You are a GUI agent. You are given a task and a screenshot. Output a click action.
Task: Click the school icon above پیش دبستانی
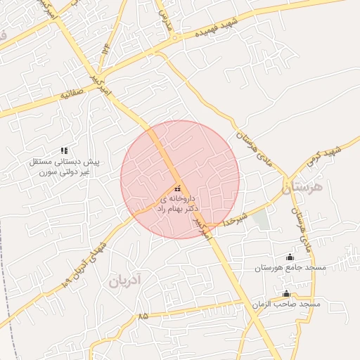(x=64, y=150)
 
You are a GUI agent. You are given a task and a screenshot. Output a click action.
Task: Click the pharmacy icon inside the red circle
(x=176, y=188)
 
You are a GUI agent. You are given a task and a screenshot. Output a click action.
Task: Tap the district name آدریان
(x=126, y=282)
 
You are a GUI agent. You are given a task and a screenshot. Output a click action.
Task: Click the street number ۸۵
(x=143, y=316)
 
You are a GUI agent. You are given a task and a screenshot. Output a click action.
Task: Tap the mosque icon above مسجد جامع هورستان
(x=290, y=257)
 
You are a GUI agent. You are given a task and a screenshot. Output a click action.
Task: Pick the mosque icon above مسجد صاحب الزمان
(x=286, y=293)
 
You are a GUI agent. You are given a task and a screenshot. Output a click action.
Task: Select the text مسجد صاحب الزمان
(x=285, y=304)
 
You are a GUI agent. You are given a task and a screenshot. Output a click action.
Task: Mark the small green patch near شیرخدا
(x=261, y=220)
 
